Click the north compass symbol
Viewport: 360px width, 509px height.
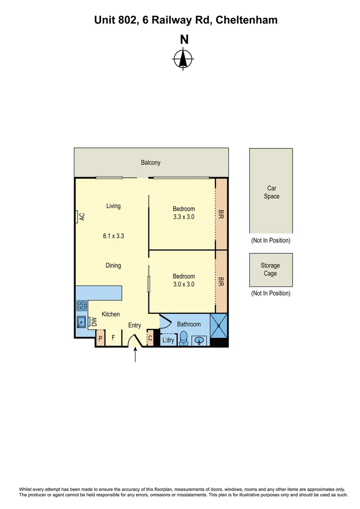[183, 59]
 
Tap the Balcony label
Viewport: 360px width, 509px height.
[151, 163]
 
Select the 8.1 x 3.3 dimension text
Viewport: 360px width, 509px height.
[113, 237]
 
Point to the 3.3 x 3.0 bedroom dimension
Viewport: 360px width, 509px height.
[183, 217]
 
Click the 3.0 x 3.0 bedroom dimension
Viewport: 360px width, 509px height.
[183, 284]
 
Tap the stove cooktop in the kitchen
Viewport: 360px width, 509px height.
[82, 305]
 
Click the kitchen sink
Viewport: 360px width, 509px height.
[82, 322]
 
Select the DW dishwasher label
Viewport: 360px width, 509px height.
[94, 322]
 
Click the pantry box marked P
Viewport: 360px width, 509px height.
[100, 338]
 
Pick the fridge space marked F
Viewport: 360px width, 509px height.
[113, 338]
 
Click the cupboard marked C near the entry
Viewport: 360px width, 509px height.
[150, 338]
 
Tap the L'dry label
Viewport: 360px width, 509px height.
[168, 340]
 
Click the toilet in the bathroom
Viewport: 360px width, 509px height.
[184, 339]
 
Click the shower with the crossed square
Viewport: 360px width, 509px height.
[219, 326]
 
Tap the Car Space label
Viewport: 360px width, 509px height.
[271, 192]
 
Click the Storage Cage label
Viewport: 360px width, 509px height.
[270, 270]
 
